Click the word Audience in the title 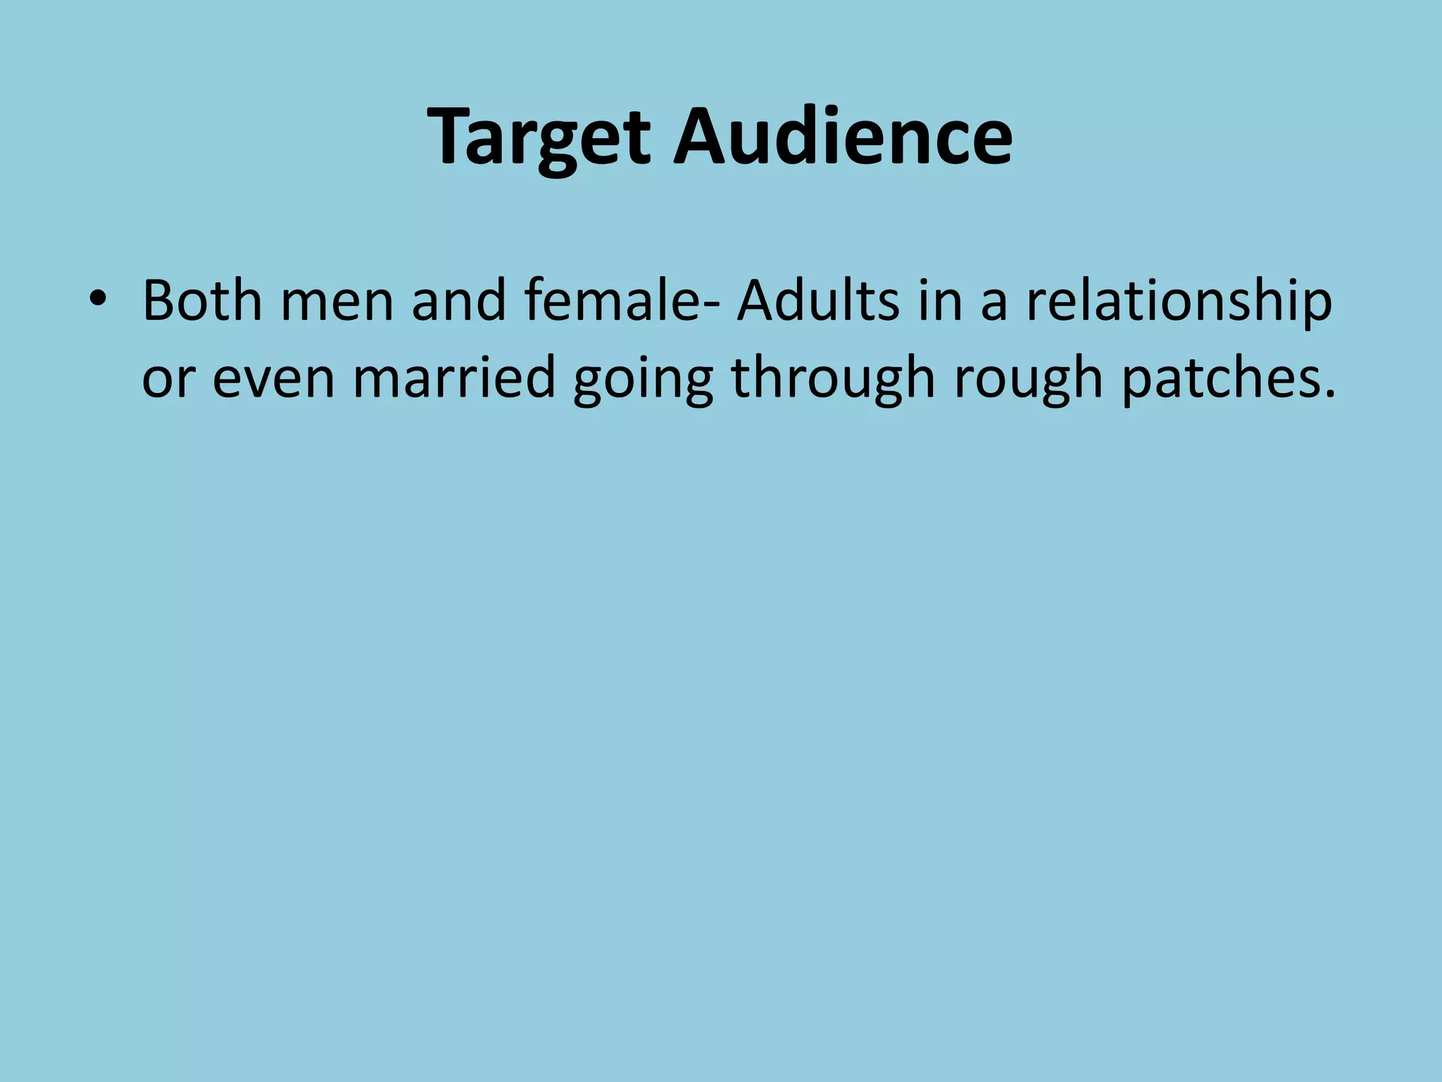click(x=842, y=137)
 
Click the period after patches click(x=1328, y=396)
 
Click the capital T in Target click(x=451, y=137)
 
